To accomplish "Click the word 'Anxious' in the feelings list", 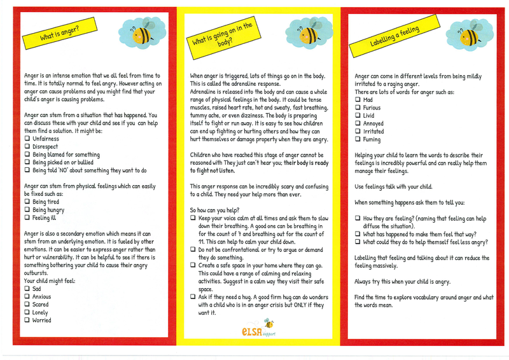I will tap(43, 296).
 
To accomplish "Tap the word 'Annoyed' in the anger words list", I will tap(373, 123).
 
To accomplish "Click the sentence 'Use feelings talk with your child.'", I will tap(393, 186).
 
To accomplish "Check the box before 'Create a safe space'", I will tap(193, 265).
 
